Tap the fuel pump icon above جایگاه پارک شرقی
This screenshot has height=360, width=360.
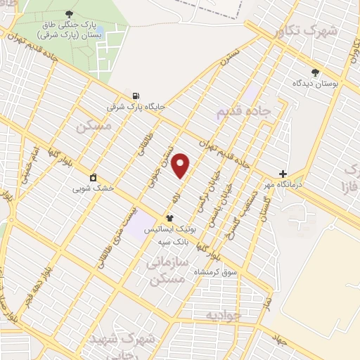[135, 96]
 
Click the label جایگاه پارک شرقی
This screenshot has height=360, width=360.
[136, 108]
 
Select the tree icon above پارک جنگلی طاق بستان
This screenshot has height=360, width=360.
[68, 14]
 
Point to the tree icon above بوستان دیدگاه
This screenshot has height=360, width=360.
[315, 72]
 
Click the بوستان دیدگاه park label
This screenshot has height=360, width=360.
[316, 83]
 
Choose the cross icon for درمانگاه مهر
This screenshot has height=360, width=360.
[283, 174]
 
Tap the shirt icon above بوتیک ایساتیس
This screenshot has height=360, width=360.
[169, 218]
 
